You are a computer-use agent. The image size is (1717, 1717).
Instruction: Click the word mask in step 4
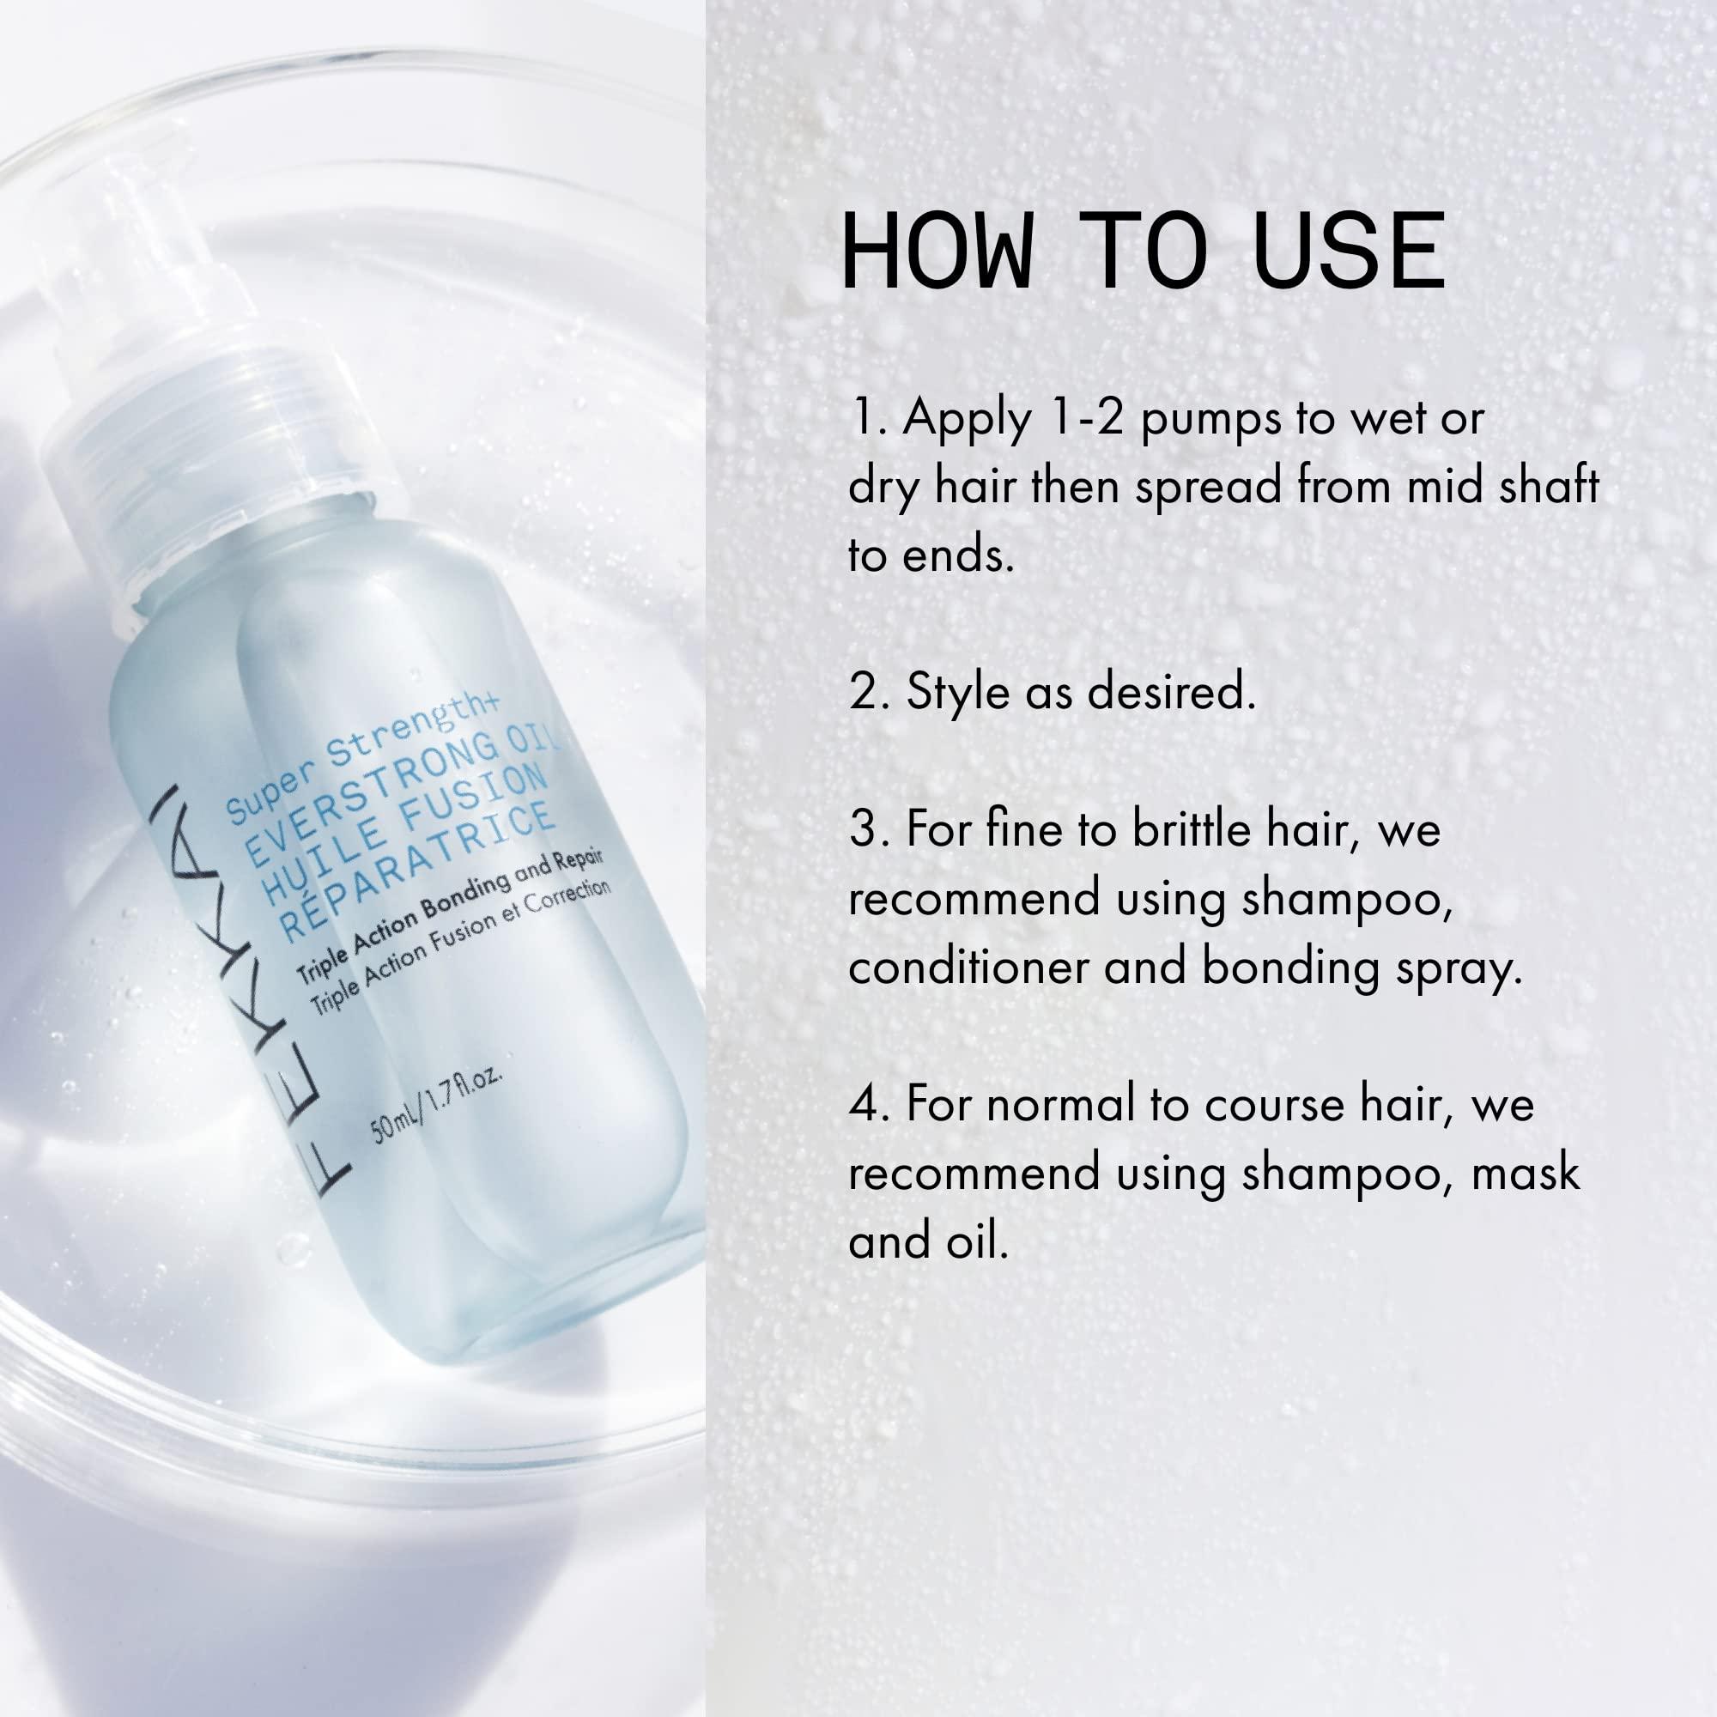click(x=1525, y=1173)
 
